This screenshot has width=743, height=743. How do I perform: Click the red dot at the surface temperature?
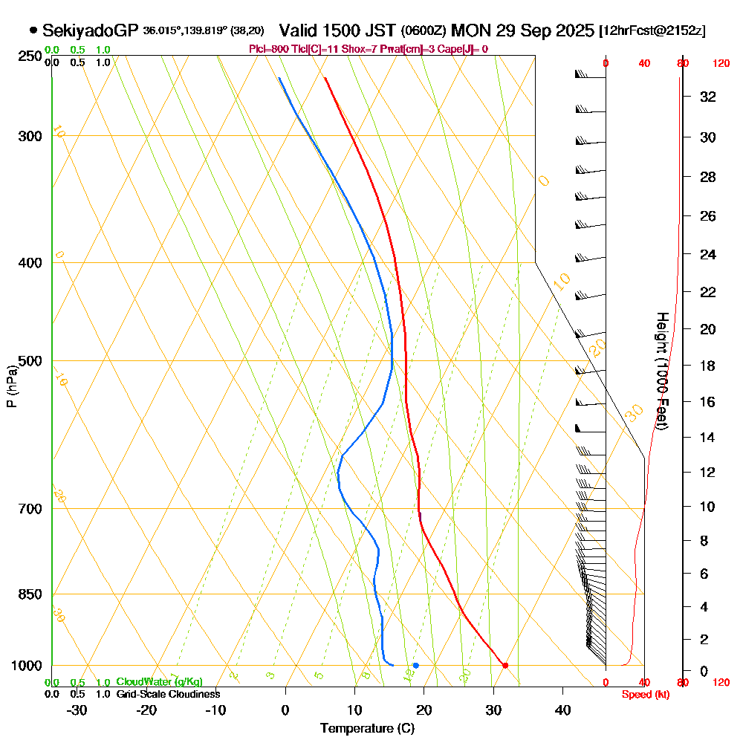(x=505, y=665)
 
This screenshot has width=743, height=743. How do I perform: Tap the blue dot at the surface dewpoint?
(x=416, y=665)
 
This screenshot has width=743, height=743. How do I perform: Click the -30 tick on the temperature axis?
(x=77, y=710)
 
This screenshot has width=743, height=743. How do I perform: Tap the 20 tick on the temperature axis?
(x=424, y=710)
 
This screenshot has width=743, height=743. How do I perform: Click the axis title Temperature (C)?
(x=367, y=728)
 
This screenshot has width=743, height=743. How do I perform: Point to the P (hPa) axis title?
(x=11, y=386)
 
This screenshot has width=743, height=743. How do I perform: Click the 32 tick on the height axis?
(x=708, y=97)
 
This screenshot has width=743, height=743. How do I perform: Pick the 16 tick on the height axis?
(x=708, y=402)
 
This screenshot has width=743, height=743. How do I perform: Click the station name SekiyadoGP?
(x=91, y=30)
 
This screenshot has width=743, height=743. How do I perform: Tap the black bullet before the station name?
(x=33, y=30)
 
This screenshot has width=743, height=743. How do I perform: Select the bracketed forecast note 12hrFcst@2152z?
(x=652, y=31)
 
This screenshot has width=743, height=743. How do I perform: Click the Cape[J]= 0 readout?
(x=464, y=49)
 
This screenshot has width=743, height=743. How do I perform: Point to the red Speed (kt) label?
(x=645, y=694)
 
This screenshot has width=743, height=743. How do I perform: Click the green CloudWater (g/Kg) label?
(x=159, y=682)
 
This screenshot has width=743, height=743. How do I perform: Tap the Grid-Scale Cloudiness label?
(x=167, y=694)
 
